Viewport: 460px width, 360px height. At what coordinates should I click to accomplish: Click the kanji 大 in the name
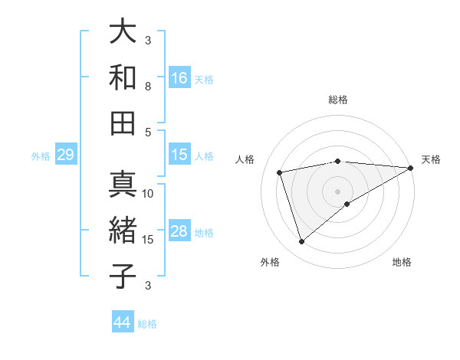click(x=123, y=32)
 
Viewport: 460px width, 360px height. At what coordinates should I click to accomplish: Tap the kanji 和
click(x=123, y=78)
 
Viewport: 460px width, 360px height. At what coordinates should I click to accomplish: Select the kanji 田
click(x=123, y=123)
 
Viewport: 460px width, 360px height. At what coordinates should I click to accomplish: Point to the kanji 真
click(x=123, y=185)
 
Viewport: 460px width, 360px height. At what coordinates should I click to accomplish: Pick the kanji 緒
click(x=123, y=231)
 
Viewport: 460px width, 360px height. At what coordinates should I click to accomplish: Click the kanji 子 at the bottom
click(x=123, y=276)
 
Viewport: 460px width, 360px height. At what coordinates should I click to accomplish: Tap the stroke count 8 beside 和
click(x=149, y=87)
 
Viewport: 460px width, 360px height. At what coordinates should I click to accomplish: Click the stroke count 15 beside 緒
click(x=149, y=240)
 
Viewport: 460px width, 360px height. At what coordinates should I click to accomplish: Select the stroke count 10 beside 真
click(x=149, y=194)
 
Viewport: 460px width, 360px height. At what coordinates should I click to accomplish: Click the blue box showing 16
click(x=179, y=78)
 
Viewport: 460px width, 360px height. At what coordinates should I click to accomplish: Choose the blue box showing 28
click(x=179, y=231)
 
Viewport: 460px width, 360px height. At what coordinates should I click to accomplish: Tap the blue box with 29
click(x=65, y=155)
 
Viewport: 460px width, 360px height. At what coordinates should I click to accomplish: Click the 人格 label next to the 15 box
click(x=204, y=155)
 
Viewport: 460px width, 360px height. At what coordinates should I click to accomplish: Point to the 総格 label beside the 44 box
click(x=147, y=324)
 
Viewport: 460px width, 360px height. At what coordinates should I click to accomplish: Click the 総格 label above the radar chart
click(x=338, y=100)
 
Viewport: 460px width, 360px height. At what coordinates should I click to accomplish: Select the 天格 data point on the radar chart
click(x=412, y=169)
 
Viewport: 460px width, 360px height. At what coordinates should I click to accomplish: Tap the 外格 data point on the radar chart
click(x=302, y=242)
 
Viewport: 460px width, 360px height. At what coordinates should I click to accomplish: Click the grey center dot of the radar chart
click(x=338, y=191)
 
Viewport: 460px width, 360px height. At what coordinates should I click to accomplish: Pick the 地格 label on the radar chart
click(x=402, y=262)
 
